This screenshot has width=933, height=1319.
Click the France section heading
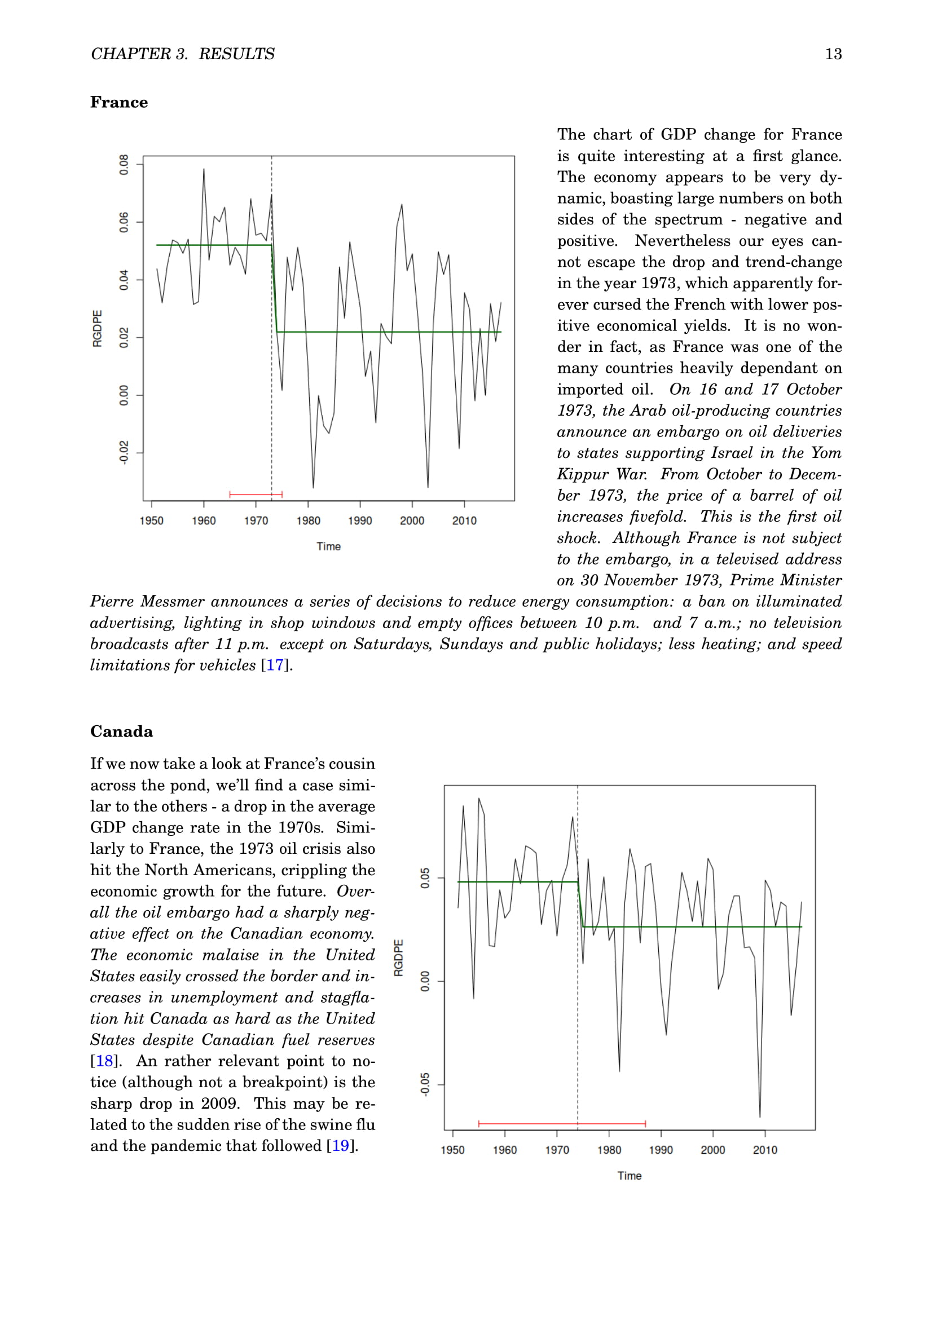(x=119, y=102)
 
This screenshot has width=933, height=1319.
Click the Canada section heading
(x=121, y=731)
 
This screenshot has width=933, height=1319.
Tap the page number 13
(x=833, y=54)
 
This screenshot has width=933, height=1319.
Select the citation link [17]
(x=275, y=665)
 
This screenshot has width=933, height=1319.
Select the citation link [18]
(x=104, y=1061)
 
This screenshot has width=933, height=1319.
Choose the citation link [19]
(x=340, y=1145)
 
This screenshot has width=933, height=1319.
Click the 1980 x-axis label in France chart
(x=308, y=520)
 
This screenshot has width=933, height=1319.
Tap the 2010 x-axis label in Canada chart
(x=765, y=1149)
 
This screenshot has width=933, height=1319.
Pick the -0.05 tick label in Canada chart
(x=425, y=1084)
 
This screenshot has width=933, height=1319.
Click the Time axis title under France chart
(x=329, y=546)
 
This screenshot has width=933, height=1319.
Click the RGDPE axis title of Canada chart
(x=399, y=958)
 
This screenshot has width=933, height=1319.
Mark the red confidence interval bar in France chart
(x=256, y=494)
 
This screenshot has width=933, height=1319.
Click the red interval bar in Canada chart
(x=562, y=1123)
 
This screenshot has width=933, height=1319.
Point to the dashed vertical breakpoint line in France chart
(x=272, y=402)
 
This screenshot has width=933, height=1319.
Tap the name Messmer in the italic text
(x=173, y=602)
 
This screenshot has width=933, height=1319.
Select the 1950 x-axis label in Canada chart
(x=453, y=1149)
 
